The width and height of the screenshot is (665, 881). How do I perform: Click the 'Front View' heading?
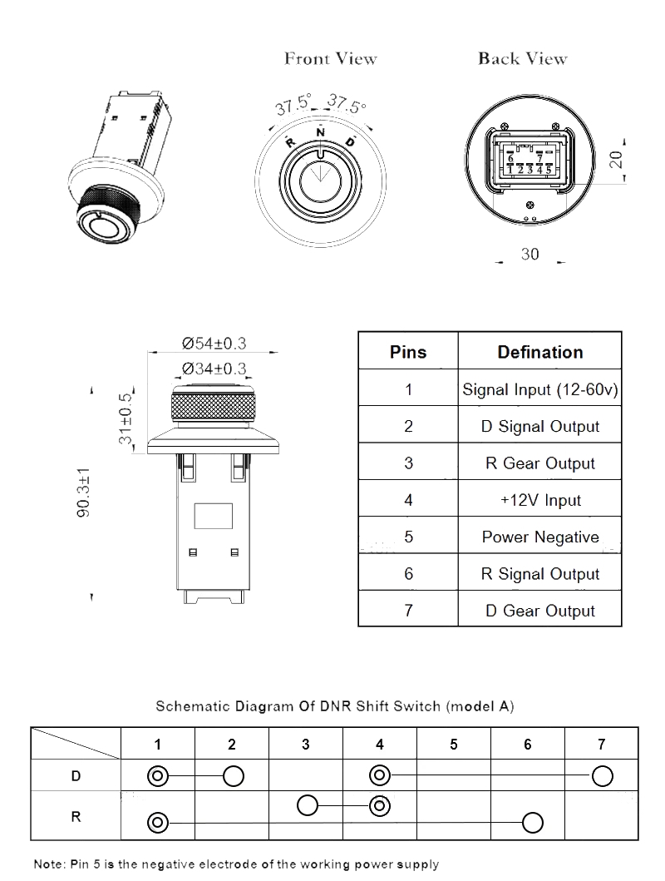pos(330,59)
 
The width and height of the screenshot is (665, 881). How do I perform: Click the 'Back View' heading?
pos(522,59)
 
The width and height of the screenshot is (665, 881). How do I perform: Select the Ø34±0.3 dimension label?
pos(214,369)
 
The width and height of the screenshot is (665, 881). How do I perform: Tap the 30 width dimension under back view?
pos(530,255)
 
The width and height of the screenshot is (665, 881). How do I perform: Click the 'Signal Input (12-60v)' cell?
pos(539,389)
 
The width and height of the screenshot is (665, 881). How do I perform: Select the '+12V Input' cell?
pos(539,500)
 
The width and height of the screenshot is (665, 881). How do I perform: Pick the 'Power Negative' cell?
pos(539,537)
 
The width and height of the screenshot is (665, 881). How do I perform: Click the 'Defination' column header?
pos(539,352)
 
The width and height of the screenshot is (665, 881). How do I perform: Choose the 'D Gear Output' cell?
pos(539,611)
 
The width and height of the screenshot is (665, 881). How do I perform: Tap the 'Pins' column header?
pos(407,352)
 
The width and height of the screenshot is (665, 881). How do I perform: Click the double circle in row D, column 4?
pos(380,776)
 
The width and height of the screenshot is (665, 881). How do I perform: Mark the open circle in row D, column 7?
pos(602,776)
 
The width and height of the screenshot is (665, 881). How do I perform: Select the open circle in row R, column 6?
pos(532,823)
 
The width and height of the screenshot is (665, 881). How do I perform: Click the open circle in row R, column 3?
pos(308,805)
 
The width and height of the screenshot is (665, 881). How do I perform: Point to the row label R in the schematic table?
pos(76,816)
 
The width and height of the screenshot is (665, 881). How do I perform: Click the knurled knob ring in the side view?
pos(211,408)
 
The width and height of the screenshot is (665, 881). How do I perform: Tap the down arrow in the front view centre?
pos(321,176)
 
